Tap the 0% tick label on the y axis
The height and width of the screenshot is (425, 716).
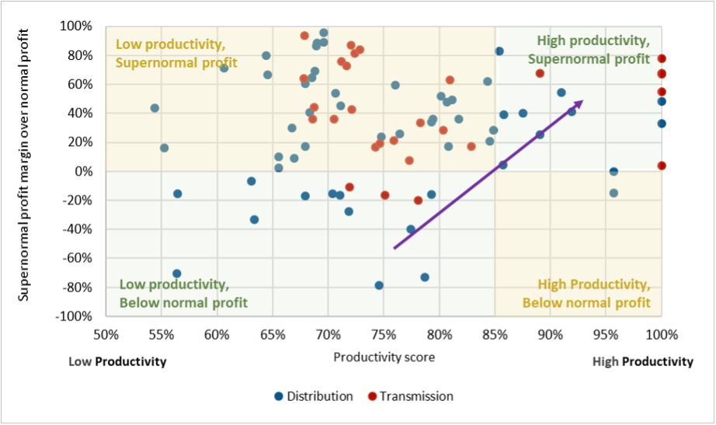[x=85, y=172]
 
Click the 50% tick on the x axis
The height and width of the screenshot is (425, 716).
[x=106, y=334]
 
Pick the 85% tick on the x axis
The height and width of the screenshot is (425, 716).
[x=495, y=334]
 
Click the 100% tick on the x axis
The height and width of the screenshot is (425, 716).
[x=662, y=334]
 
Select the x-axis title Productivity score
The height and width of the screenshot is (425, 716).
[x=384, y=357]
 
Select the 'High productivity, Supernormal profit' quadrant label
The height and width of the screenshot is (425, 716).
[x=592, y=50]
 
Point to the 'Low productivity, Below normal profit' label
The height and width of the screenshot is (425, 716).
[x=182, y=293]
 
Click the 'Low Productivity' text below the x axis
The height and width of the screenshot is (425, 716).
[x=117, y=362]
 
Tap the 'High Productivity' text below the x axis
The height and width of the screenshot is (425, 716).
[x=642, y=362]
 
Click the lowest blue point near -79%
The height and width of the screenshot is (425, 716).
[x=379, y=285]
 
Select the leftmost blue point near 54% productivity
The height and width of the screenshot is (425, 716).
[x=155, y=108]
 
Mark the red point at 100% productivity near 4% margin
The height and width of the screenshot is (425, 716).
[x=662, y=165]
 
